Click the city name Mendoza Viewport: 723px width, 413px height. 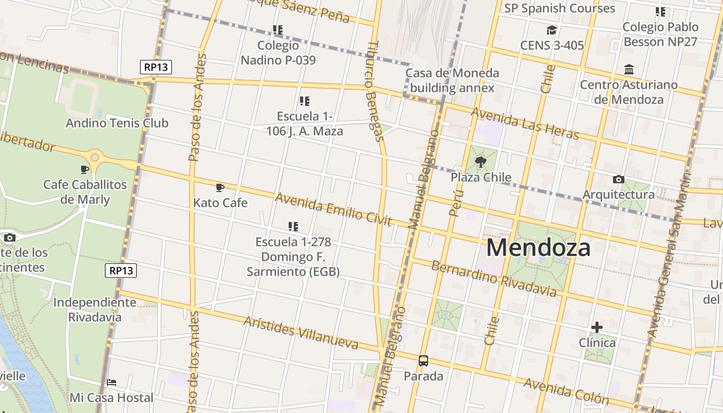coord(538,248)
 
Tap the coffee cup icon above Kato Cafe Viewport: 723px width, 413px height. coord(220,187)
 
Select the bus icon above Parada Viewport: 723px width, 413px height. coord(423,361)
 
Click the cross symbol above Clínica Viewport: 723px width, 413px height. coord(597,327)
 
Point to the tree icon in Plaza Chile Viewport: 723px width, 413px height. coord(481,162)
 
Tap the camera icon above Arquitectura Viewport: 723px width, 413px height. coord(618,180)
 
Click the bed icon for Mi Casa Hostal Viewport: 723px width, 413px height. coord(112,383)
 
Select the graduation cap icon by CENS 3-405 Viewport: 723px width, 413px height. coord(552,30)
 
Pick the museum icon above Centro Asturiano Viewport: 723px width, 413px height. coord(629,69)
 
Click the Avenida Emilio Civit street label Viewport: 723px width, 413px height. coord(333,209)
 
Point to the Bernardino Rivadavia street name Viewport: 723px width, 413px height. coord(494,279)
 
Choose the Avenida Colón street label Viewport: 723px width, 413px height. coord(566,391)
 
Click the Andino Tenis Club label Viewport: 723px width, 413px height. coord(117,123)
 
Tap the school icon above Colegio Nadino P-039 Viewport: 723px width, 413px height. coord(278,30)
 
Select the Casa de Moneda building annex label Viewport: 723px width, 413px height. coord(452,80)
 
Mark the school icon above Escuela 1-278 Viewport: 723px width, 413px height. coord(293,226)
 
